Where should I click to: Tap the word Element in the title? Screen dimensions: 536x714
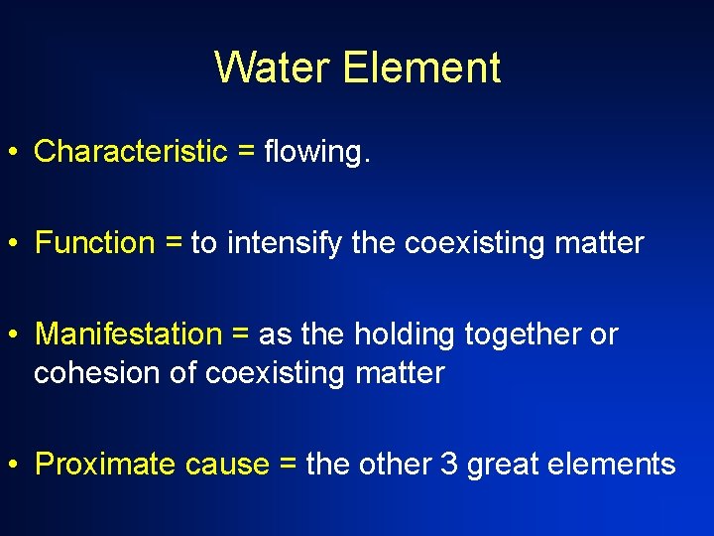pos(421,67)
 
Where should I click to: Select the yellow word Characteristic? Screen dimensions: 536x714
pos(131,152)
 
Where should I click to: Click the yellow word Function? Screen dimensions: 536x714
pos(95,243)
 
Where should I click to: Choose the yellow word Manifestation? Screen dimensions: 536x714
pos(129,335)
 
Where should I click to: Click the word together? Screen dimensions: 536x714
pos(523,335)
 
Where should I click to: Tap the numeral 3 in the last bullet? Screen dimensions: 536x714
pos(447,465)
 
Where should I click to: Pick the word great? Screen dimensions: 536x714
pos(503,466)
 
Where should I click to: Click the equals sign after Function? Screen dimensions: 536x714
pos(173,244)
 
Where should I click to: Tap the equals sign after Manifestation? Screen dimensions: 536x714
pos(240,335)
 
